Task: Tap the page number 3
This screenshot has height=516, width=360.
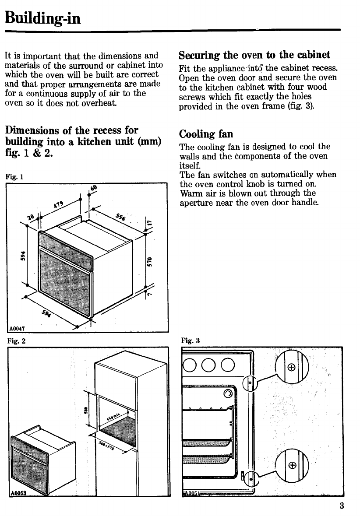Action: click(341, 506)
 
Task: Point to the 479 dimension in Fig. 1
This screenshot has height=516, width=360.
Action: click(58, 204)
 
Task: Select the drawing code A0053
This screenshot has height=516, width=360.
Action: click(18, 492)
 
